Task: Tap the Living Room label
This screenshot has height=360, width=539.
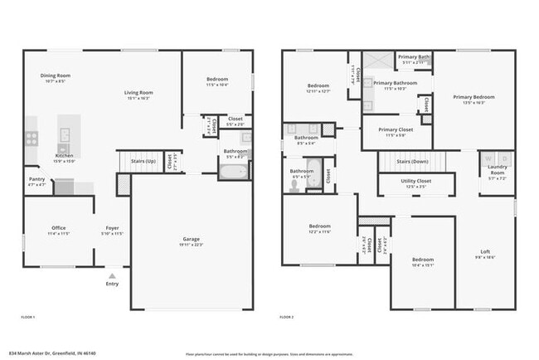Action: pos(138,93)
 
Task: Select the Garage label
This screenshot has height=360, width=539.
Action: pos(191,239)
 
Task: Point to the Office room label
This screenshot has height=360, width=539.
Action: pos(58,228)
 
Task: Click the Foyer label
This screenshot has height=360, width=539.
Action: pos(112,228)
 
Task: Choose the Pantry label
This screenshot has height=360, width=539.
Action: pos(36,178)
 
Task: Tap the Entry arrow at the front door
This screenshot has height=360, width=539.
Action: pos(112,275)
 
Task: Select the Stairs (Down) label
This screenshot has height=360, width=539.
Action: pos(411,162)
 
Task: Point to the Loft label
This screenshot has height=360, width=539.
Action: pos(485,252)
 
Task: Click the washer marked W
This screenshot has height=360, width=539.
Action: pos(488,158)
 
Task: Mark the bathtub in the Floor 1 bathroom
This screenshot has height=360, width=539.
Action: pos(233,173)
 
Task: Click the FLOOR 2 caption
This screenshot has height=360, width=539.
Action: pos(288,317)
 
